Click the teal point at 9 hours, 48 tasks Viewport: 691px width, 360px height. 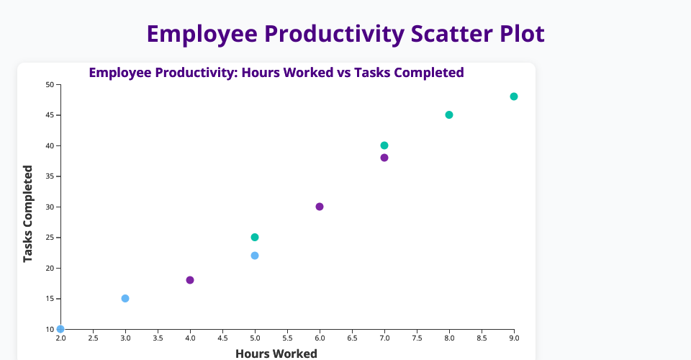click(x=514, y=96)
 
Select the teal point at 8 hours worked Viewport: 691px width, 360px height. click(x=449, y=115)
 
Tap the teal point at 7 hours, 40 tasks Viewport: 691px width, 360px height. click(x=384, y=145)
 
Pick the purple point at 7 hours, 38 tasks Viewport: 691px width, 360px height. click(x=384, y=158)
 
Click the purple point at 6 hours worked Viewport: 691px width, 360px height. click(x=320, y=207)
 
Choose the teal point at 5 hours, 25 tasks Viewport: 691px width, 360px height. click(x=255, y=237)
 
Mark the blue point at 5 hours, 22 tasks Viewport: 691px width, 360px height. click(x=255, y=256)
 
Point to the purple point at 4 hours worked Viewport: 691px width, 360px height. click(x=190, y=280)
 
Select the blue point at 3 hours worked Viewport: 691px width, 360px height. click(x=125, y=298)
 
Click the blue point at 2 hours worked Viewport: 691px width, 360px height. click(x=60, y=329)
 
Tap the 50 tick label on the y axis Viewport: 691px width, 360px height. click(x=50, y=85)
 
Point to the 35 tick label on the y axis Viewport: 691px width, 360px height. click(x=50, y=176)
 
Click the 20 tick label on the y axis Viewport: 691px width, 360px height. click(x=50, y=268)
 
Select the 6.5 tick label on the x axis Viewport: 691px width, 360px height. click(x=352, y=338)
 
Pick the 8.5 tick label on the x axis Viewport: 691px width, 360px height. click(x=482, y=338)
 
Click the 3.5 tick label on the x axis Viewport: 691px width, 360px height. click(x=158, y=338)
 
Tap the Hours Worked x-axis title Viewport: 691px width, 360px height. click(x=276, y=354)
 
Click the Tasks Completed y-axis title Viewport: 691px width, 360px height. click(x=28, y=214)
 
